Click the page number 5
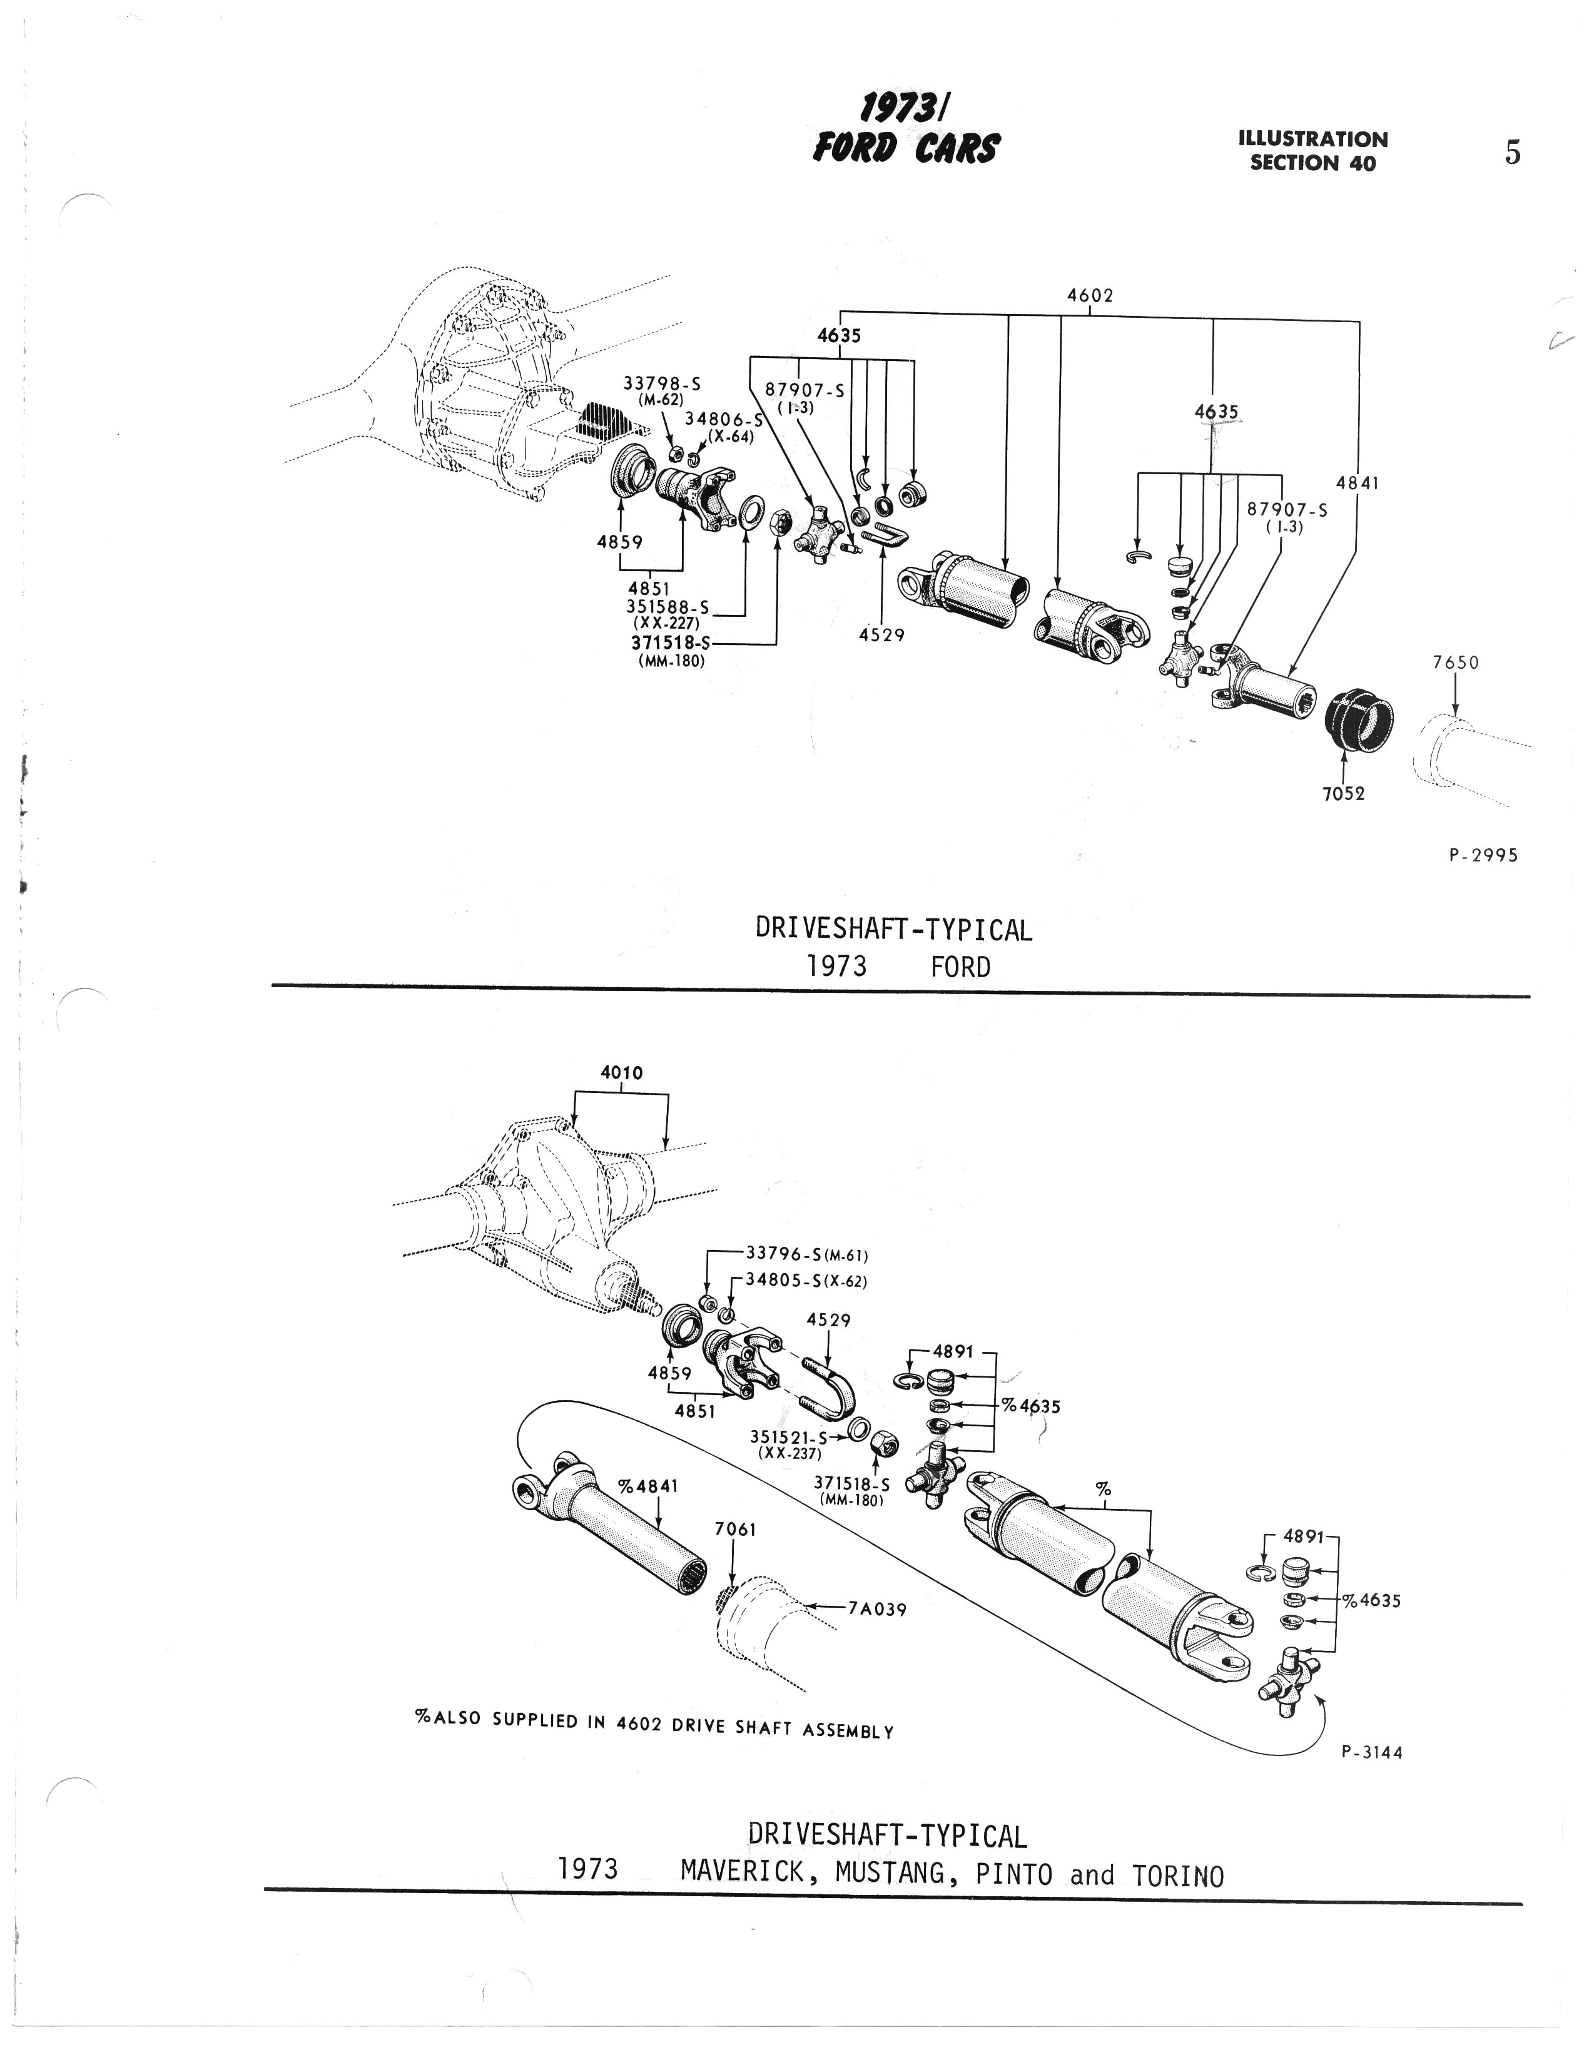[1513, 153]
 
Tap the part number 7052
[1344, 793]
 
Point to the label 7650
[1456, 663]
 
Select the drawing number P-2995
[1484, 855]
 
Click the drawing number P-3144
[1372, 1752]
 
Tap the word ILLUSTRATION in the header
[1313, 140]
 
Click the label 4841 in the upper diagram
[1357, 483]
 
